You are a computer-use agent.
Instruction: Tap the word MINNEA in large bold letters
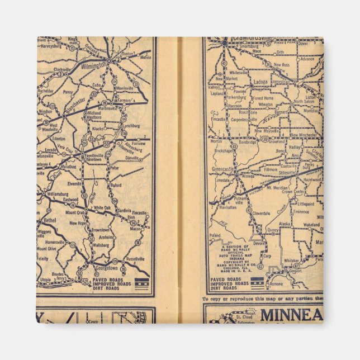click(x=290, y=315)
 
